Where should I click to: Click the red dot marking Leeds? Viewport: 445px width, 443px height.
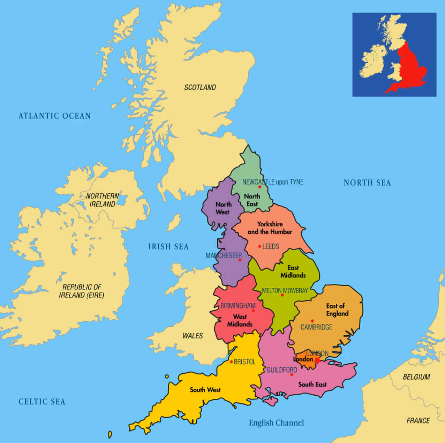(260, 247)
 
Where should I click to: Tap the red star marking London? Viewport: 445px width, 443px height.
(317, 360)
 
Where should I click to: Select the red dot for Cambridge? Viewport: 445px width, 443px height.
(312, 321)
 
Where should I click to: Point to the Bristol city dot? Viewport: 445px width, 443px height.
(231, 362)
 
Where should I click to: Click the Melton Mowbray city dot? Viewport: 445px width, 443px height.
(282, 295)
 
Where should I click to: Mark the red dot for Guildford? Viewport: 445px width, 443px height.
(292, 375)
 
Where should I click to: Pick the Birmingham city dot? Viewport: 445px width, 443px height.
(253, 310)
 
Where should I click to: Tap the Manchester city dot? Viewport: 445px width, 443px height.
(240, 260)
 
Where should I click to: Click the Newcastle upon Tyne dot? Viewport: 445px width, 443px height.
(259, 187)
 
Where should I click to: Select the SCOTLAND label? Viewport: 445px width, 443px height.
(200, 87)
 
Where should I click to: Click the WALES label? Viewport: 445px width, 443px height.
(193, 336)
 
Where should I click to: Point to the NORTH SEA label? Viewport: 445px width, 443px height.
(367, 183)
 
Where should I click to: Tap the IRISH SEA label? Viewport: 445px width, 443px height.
(168, 247)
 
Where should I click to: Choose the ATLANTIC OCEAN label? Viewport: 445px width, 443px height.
(54, 116)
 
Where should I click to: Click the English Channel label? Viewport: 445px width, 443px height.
(276, 423)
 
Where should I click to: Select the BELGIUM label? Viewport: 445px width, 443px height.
(416, 377)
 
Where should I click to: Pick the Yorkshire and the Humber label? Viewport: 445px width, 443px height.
(270, 228)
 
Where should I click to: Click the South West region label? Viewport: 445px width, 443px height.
(205, 390)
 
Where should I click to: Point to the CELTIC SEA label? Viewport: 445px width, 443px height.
(42, 402)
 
